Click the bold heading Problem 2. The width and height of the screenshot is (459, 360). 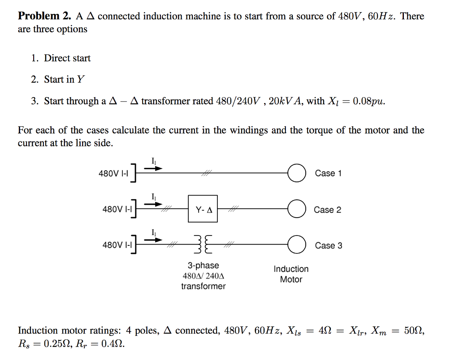(44, 17)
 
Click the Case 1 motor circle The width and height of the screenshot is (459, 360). (296, 173)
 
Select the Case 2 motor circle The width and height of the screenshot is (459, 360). (296, 209)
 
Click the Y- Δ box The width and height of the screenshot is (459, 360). (203, 209)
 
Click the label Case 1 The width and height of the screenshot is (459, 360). (328, 173)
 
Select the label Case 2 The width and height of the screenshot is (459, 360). (327, 210)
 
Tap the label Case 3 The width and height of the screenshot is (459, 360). (328, 245)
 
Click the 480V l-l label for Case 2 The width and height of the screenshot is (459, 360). (118, 209)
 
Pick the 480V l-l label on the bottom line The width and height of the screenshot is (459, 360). (118, 245)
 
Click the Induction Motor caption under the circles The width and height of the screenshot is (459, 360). (291, 274)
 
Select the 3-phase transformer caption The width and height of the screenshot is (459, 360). (204, 276)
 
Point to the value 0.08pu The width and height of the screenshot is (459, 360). (368, 101)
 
